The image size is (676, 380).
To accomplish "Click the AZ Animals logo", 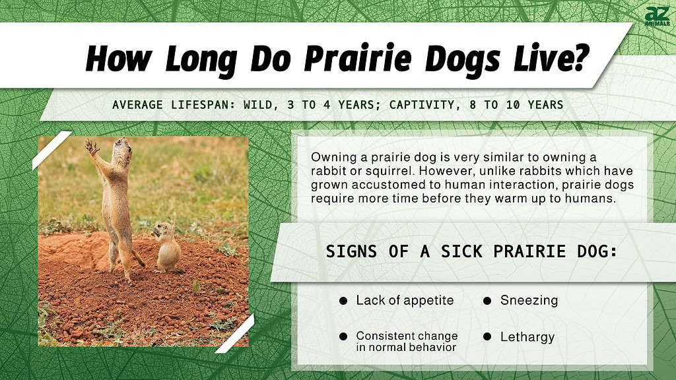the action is point(657,16).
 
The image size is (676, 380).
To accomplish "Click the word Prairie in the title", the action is point(358,59).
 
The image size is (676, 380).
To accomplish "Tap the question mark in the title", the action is point(577,57).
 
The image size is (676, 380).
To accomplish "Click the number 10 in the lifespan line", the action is point(512,105).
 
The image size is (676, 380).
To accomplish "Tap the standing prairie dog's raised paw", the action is point(91,146).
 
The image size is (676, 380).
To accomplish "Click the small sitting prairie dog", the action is point(166,247).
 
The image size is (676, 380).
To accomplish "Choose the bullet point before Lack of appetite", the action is point(343,301).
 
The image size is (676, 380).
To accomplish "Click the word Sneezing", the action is point(529,300).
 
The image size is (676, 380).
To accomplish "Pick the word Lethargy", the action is point(527,337).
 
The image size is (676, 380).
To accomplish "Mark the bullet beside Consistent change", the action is point(343,336).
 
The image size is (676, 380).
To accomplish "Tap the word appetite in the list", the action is point(428,301).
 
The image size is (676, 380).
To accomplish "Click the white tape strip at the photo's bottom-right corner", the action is point(235,334).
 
